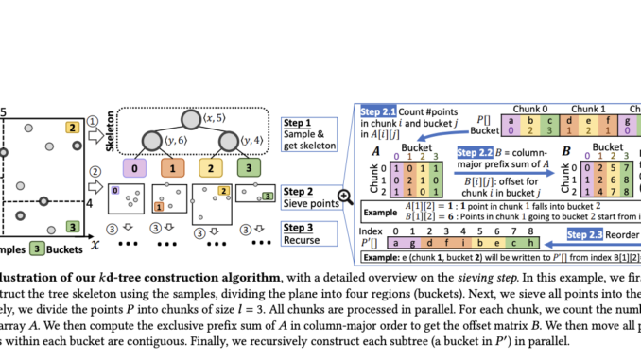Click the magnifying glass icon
coord(345,197)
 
